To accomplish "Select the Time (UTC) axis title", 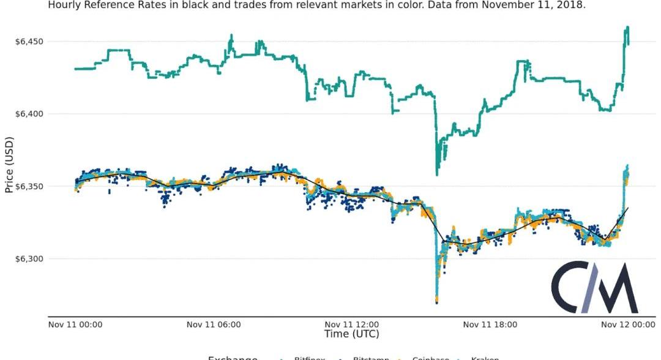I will pos(351,334).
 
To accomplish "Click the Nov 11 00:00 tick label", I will pos(75,324).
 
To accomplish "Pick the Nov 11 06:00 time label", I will pos(214,324).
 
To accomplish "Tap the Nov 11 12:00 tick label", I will pos(352,324).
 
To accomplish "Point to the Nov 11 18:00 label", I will pos(490,324).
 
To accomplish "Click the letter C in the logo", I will pos(569,288).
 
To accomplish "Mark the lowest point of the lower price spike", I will pos(436,302).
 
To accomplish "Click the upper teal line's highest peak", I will pos(628,28).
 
